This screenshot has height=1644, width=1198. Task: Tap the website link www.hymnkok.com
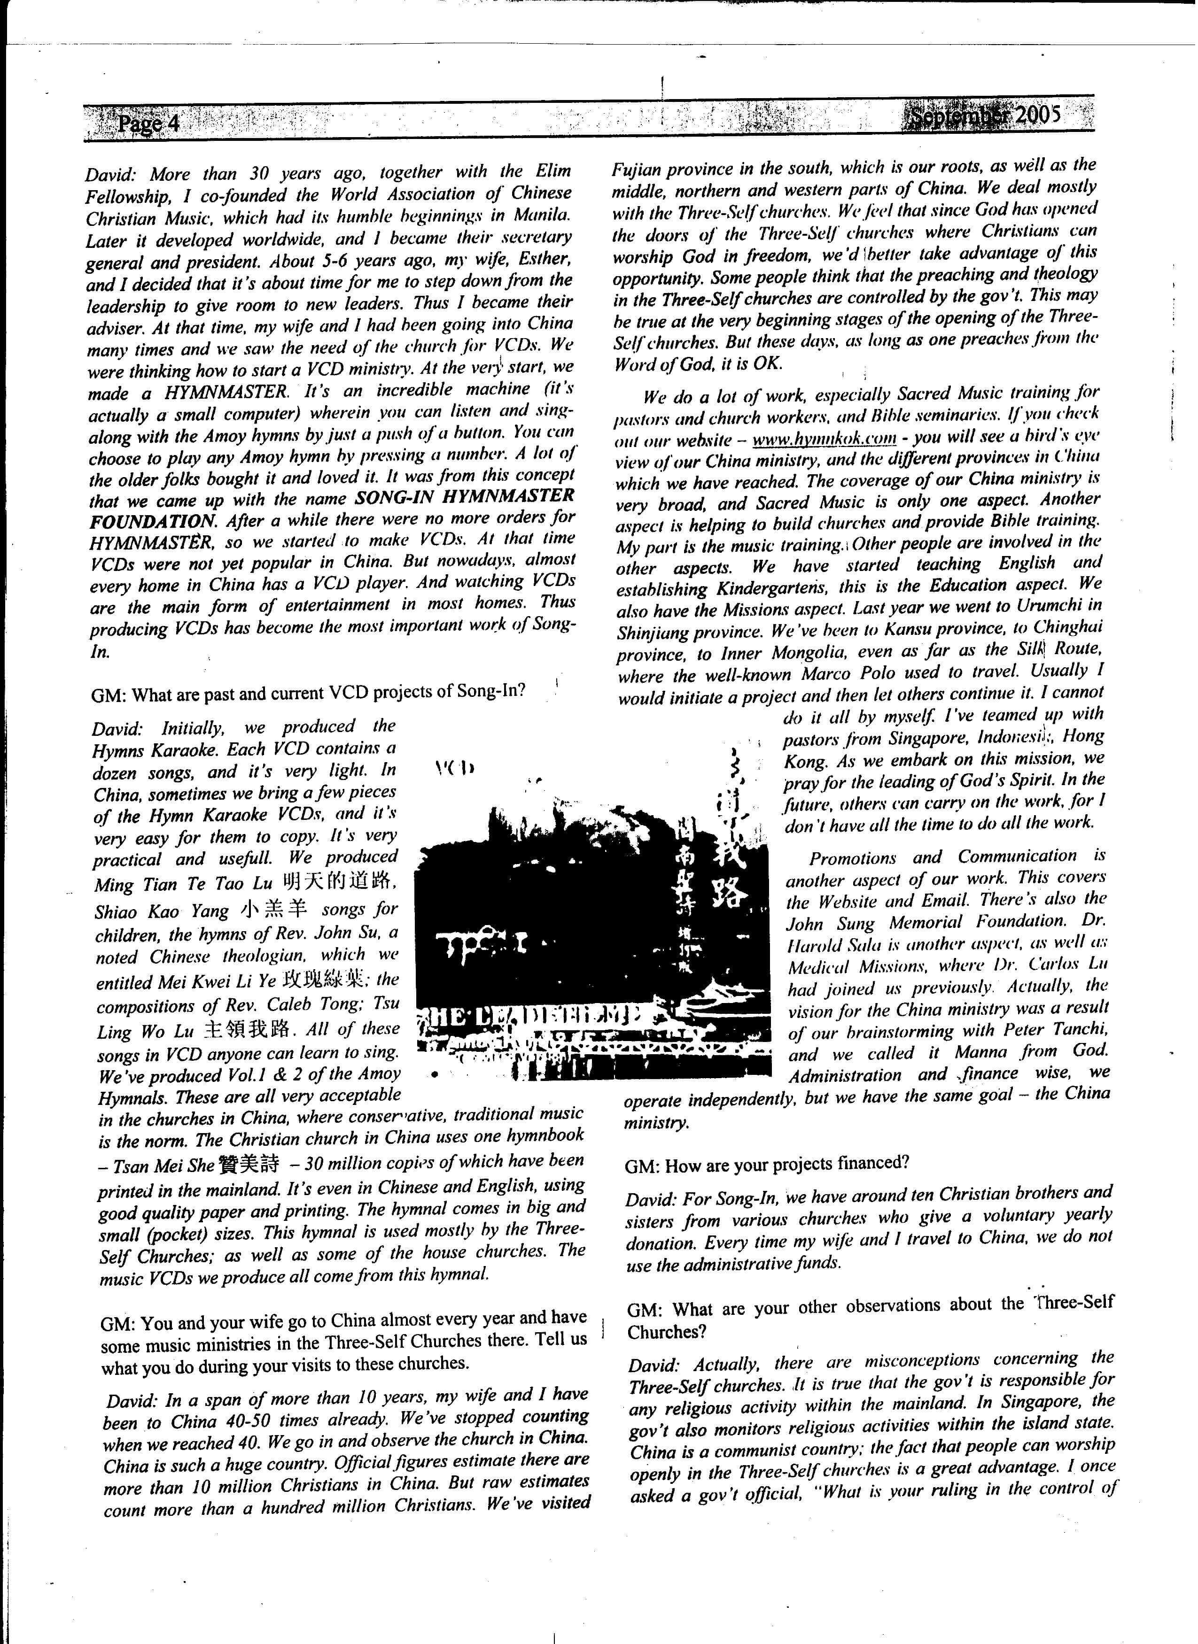[824, 439]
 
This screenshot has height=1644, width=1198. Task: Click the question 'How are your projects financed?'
[767, 1164]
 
